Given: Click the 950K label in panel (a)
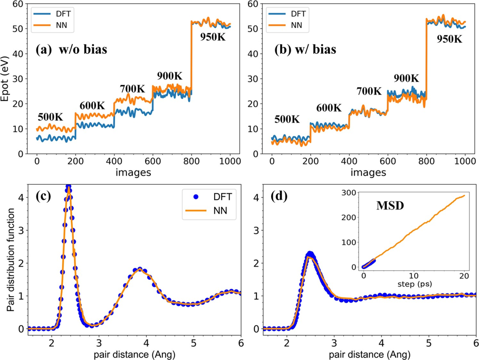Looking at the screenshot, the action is (213, 37).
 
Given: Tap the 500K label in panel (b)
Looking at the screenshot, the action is (287, 119).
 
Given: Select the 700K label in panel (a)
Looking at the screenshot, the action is (132, 89).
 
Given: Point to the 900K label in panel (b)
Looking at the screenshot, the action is (406, 78).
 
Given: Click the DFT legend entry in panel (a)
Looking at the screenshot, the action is (53, 13).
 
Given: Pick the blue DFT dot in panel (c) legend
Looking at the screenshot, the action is (196, 197).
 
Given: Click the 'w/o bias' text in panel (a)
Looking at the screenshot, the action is (83, 50).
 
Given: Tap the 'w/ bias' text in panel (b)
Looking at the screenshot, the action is (315, 50).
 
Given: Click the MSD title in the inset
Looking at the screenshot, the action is (390, 206).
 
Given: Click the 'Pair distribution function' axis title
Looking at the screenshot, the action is (11, 260).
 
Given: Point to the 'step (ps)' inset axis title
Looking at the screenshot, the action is (415, 284).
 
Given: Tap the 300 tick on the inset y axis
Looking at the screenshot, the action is (349, 193).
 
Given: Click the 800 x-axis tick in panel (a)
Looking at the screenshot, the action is (191, 161).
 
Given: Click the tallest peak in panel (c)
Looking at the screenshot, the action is (69, 186).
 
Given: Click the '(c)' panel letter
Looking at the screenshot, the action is (43, 196).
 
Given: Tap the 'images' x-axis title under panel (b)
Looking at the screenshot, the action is (368, 173).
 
